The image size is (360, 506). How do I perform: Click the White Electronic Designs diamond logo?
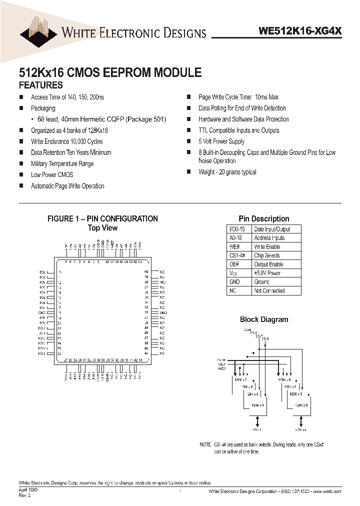click(x=38, y=31)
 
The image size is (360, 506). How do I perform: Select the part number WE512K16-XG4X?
click(x=300, y=30)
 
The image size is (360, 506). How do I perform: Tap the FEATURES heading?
click(x=40, y=85)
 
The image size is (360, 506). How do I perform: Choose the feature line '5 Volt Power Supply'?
click(x=221, y=141)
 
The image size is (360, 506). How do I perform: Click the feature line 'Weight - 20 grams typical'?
click(x=227, y=172)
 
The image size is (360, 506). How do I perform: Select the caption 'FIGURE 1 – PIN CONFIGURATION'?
click(x=102, y=218)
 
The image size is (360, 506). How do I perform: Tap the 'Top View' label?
click(x=102, y=227)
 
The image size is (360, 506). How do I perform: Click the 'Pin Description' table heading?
click(x=263, y=218)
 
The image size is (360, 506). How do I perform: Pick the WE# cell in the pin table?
click(x=234, y=247)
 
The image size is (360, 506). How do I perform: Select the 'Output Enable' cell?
click(x=268, y=264)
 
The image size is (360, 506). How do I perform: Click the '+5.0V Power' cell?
click(x=267, y=273)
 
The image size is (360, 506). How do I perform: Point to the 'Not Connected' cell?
click(x=269, y=290)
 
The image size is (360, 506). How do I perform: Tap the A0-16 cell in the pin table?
click(x=234, y=238)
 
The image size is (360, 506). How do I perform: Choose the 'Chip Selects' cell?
click(x=267, y=255)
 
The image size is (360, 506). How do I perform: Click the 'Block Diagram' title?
click(x=263, y=319)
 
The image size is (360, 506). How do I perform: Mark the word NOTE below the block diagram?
click(x=205, y=444)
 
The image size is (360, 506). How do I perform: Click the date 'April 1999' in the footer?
click(x=28, y=490)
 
